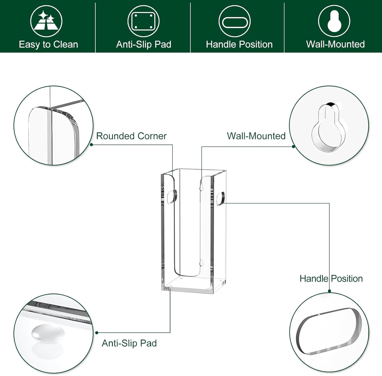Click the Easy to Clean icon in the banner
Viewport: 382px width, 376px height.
pyautogui.click(x=46, y=21)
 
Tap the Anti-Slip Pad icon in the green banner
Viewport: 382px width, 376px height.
pyautogui.click(x=144, y=21)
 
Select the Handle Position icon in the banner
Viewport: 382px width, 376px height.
pyautogui.click(x=234, y=21)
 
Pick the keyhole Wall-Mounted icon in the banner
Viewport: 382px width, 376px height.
pyautogui.click(x=334, y=21)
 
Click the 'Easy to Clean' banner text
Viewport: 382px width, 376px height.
pyautogui.click(x=48, y=44)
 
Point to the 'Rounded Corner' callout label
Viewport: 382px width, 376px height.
pyautogui.click(x=131, y=136)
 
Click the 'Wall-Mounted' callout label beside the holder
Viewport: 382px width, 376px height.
pyautogui.click(x=256, y=136)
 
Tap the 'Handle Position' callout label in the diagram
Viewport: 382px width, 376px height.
pyautogui.click(x=331, y=278)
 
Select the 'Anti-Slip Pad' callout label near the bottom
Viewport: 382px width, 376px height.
pyautogui.click(x=129, y=343)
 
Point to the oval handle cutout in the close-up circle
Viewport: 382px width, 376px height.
pyautogui.click(x=329, y=331)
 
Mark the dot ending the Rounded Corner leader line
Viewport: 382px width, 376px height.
pyautogui.click(x=91, y=145)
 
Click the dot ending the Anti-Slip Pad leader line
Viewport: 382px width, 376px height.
pyautogui.click(x=97, y=333)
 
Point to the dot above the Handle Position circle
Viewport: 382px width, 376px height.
pyautogui.click(x=329, y=291)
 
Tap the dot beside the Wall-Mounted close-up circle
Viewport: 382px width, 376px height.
pyautogui.click(x=293, y=146)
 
